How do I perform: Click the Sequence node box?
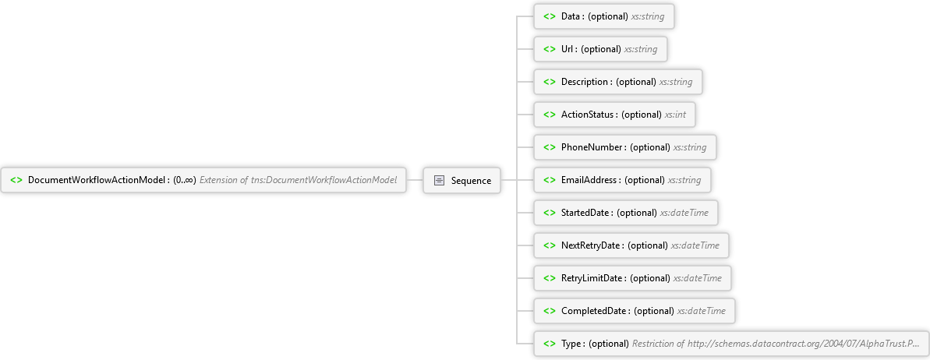point(461,180)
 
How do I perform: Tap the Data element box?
point(604,16)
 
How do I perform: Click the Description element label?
point(585,82)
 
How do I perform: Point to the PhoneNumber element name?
point(592,147)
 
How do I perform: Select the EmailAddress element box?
point(622,180)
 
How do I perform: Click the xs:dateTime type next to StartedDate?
point(684,212)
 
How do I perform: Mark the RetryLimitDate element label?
point(592,277)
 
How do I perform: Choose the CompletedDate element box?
point(635,311)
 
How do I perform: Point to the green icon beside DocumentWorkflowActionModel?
point(16,180)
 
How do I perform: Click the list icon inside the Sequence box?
point(440,180)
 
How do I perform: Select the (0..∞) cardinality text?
point(185,180)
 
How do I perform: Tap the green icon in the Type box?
point(550,344)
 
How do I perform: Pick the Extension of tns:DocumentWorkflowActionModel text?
point(298,180)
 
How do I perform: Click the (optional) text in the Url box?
point(601,49)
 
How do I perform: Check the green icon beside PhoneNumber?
point(550,147)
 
